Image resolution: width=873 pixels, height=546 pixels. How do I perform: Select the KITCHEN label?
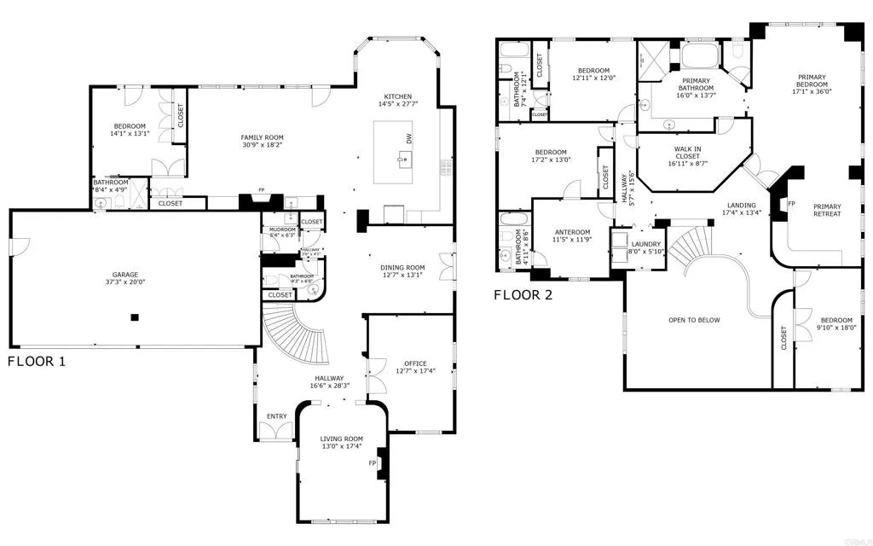coord(398,96)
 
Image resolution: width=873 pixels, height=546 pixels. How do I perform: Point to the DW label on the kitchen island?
coord(409,137)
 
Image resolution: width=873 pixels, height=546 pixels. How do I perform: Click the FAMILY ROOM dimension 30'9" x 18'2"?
coord(262,145)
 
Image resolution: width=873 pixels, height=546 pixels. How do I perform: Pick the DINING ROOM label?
coord(402,268)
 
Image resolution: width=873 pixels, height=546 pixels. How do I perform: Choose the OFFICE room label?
coord(415,363)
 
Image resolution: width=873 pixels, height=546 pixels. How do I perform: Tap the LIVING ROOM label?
coord(341,439)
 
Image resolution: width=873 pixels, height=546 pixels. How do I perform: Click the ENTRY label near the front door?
coord(276,416)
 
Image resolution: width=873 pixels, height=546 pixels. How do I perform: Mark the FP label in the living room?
coord(372,463)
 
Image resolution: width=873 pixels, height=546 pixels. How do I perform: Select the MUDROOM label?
coord(282,229)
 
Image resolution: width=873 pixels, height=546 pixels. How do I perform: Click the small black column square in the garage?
coord(134,317)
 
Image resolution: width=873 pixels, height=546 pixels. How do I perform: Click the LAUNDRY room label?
coord(645,244)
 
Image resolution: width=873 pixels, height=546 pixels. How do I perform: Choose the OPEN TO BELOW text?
coord(694,320)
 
